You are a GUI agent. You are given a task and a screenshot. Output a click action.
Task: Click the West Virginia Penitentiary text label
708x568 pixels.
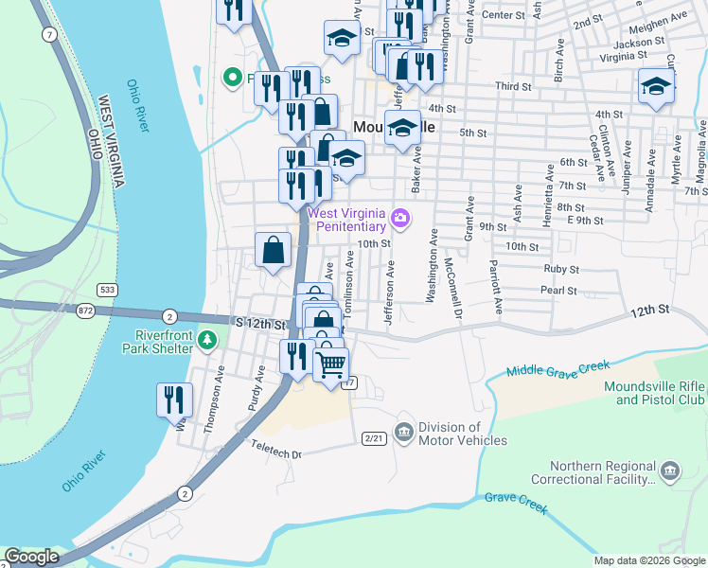[347, 220]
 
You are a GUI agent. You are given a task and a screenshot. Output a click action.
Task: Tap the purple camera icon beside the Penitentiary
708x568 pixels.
[401, 220]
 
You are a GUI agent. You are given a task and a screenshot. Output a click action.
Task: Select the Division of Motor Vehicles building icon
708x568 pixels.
[404, 433]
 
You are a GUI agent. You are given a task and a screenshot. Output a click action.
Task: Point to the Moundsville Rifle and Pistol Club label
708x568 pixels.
[654, 394]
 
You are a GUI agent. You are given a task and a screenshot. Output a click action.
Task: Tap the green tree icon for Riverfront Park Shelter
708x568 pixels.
[209, 339]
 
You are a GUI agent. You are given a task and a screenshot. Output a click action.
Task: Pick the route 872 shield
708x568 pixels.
[88, 311]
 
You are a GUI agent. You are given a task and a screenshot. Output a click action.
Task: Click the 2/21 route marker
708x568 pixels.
[374, 437]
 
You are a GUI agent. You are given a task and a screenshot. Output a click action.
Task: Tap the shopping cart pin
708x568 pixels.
[330, 364]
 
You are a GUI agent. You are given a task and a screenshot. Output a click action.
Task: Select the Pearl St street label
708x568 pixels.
[559, 291]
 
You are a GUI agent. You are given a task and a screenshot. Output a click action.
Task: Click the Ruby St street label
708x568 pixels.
[560, 269]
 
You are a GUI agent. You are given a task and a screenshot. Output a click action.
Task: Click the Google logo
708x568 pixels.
[30, 557]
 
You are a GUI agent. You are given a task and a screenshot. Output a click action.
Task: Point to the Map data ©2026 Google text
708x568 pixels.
[648, 560]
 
